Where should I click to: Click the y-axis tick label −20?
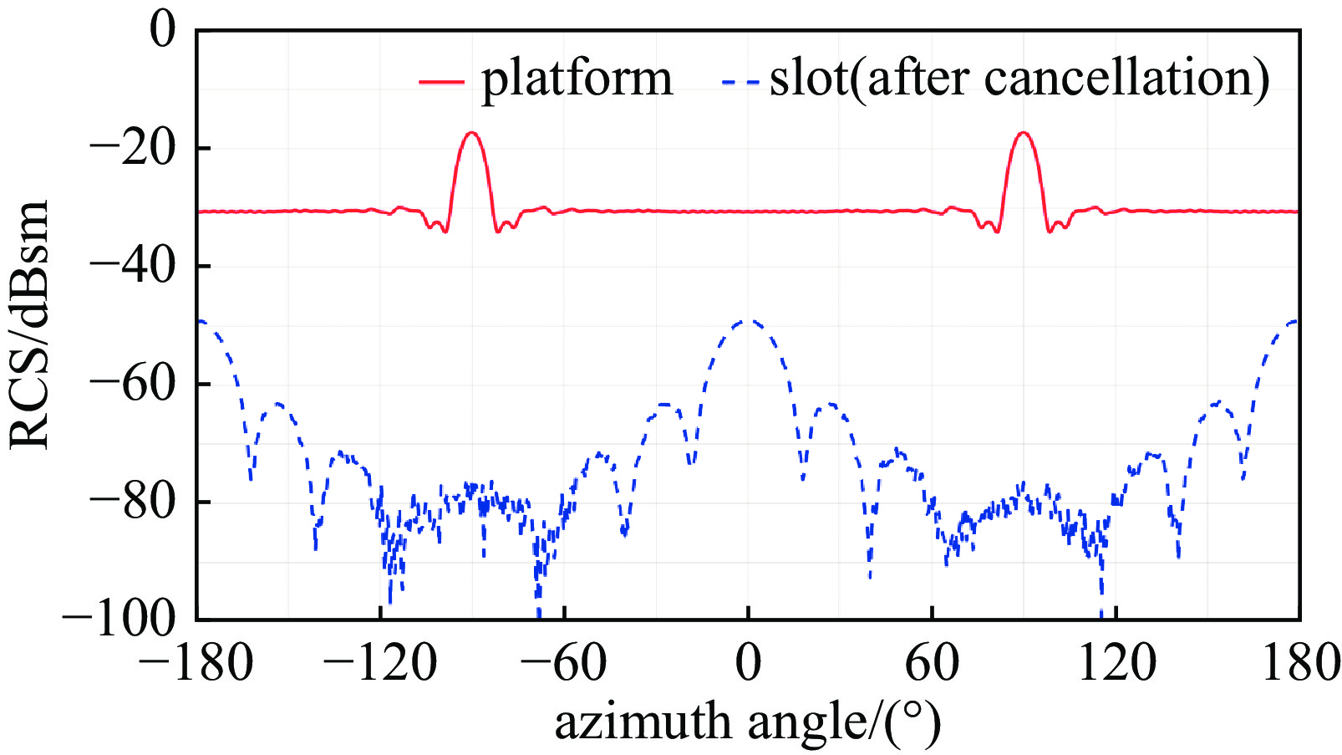[x=133, y=149]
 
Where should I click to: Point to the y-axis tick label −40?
[x=133, y=267]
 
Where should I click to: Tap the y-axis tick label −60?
[x=133, y=385]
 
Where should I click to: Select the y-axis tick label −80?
[x=133, y=502]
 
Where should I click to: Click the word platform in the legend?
[x=577, y=79]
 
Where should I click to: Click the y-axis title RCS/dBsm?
[x=30, y=324]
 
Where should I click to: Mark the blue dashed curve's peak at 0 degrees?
[x=749, y=320]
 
